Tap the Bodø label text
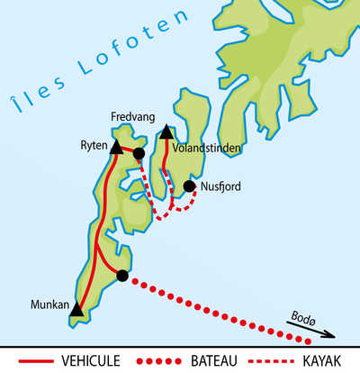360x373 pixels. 305,318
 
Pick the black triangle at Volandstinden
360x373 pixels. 166,134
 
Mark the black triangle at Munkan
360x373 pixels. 77,311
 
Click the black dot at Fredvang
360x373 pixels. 139,154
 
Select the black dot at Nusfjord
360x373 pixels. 189,186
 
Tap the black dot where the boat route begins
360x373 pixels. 122,276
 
